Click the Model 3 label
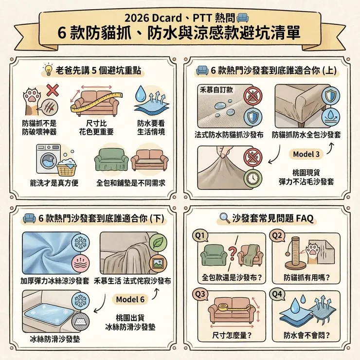pyautogui.click(x=306, y=154)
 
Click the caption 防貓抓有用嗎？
pyautogui.click(x=306, y=278)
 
